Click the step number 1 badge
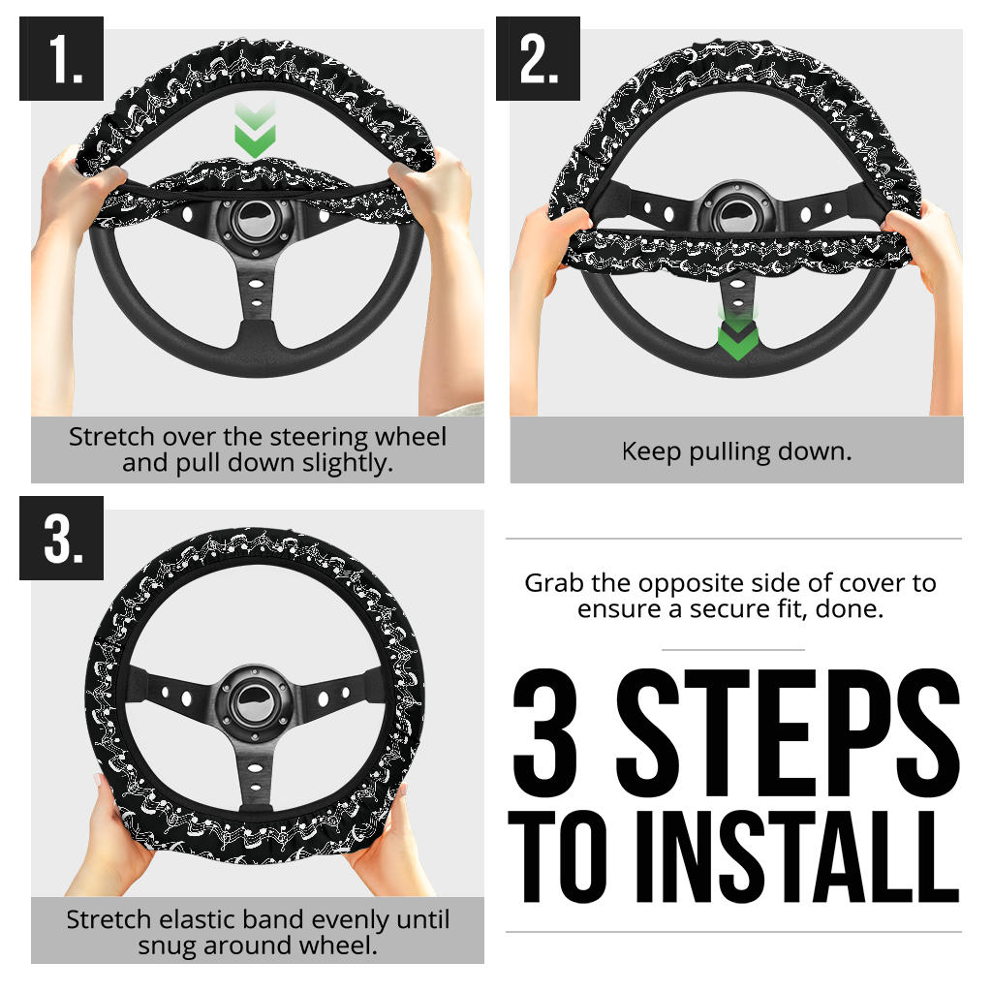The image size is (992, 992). [61, 59]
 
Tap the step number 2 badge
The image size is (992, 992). [538, 59]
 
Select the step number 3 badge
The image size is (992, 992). [61, 539]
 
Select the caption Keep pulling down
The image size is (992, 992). [736, 451]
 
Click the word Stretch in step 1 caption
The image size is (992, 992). [106, 437]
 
